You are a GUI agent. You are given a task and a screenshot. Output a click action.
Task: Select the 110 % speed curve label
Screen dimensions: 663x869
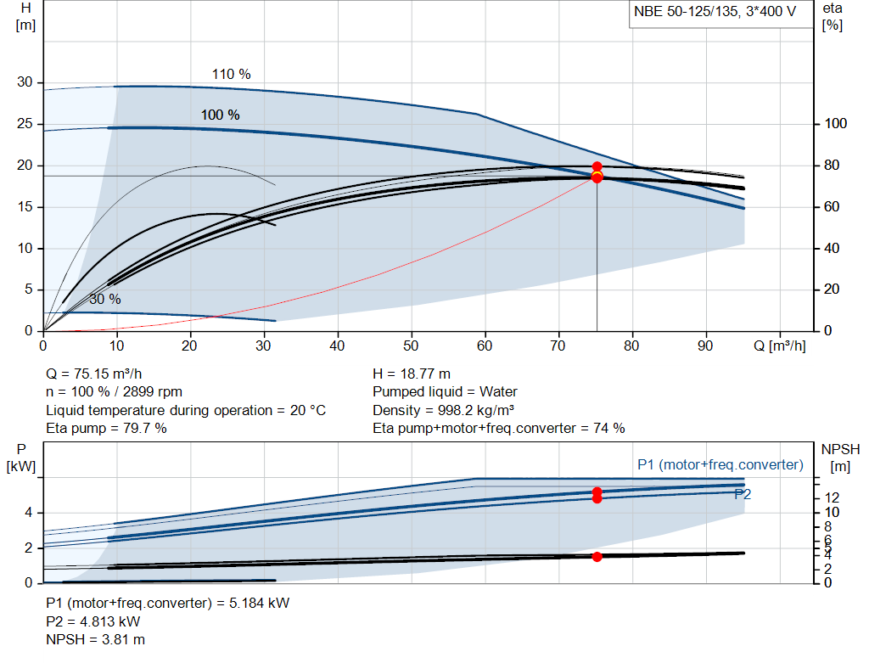coord(231,75)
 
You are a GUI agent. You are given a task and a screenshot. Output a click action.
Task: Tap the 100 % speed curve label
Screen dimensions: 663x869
coord(220,115)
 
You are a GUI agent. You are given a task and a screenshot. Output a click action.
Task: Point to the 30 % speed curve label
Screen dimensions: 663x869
coord(105,299)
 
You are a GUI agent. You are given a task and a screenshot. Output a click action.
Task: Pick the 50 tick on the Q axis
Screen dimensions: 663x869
coord(412,346)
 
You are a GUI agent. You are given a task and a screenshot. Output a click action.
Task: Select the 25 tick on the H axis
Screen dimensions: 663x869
coord(25,124)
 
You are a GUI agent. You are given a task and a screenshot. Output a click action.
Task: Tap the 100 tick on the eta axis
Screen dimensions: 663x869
coord(836,124)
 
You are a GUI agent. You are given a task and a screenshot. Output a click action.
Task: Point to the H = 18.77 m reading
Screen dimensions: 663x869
coord(412,374)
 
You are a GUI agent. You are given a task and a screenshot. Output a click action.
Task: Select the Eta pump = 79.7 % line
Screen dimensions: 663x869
coord(106,428)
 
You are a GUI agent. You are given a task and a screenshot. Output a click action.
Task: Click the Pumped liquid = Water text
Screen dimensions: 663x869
coord(445,391)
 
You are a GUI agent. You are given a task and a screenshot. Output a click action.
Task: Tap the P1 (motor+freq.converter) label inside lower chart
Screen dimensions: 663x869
coord(720,464)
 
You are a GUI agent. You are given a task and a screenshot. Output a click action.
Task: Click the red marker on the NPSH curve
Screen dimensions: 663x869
coord(597,557)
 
